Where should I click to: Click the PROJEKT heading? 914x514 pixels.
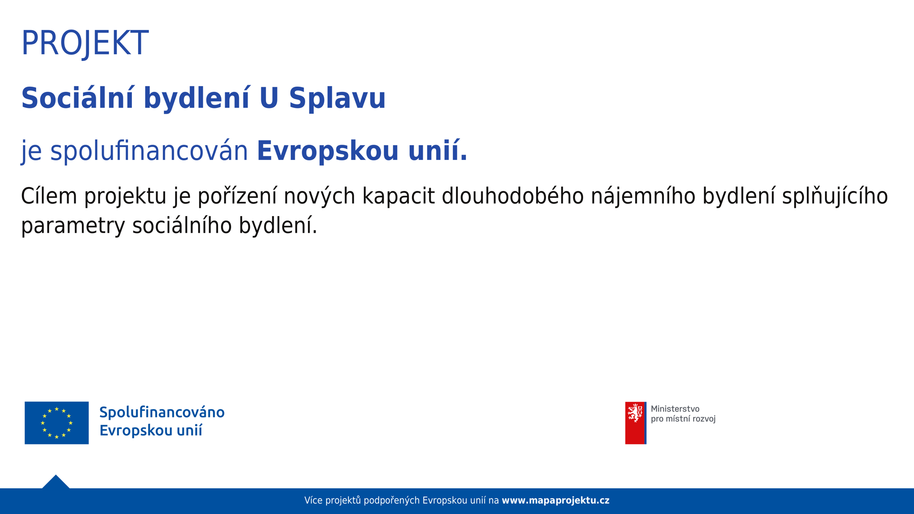coord(85,43)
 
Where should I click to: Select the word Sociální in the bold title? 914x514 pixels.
coord(78,98)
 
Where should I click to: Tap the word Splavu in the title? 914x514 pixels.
coord(337,98)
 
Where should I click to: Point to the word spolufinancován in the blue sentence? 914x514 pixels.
coord(149,151)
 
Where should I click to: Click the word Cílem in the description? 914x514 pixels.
coord(49,196)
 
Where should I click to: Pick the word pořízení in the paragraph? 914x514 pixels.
coord(237,196)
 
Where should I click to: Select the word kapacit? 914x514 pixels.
coord(398,196)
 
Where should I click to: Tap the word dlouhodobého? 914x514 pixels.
coord(513,196)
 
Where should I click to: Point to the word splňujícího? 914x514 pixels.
coord(835,196)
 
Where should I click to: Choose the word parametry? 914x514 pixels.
coord(73,226)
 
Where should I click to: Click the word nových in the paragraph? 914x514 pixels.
coord(319,196)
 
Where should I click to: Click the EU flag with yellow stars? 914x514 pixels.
coord(57,423)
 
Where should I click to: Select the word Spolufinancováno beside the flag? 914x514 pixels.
coord(162,412)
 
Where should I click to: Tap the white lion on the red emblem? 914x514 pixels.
coord(635,412)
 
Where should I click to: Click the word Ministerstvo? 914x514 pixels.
coord(675,409)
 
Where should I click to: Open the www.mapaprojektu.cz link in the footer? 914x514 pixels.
coord(556,501)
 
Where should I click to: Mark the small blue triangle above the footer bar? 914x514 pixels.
coord(56,482)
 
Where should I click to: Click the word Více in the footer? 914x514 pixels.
coord(313,500)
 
